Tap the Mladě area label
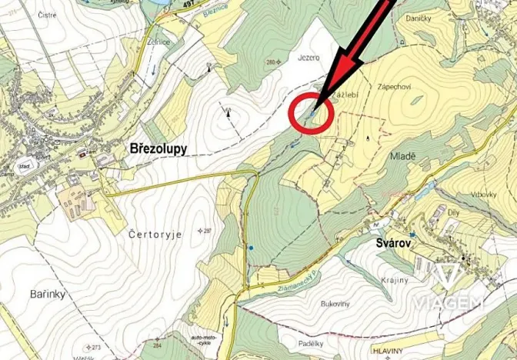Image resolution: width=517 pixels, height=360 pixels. (402, 155)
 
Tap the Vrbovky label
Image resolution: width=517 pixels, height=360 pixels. (482, 194)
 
